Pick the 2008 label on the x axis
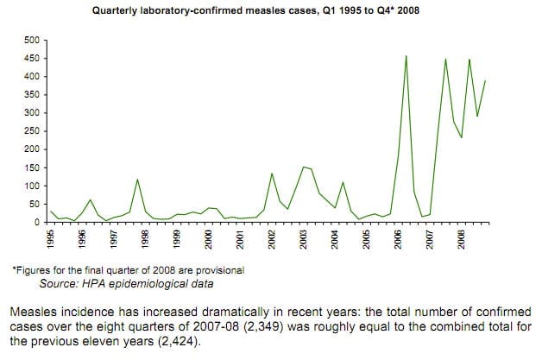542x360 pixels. click(x=462, y=239)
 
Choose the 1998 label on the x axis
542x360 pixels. click(x=143, y=239)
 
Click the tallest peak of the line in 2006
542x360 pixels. click(x=406, y=56)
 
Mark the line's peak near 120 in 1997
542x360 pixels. click(x=137, y=180)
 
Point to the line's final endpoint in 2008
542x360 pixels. click(x=486, y=80)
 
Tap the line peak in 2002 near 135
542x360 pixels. click(x=272, y=174)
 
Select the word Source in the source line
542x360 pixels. click(x=59, y=282)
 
